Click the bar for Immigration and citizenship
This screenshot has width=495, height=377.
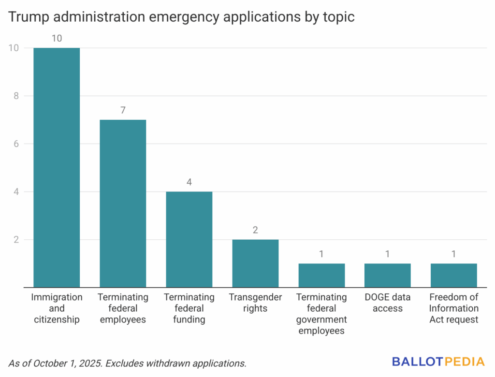click(x=57, y=167)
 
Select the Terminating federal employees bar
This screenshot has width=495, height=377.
click(x=123, y=203)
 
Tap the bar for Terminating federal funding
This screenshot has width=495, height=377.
click(x=189, y=239)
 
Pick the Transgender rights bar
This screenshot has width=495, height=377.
click(x=255, y=263)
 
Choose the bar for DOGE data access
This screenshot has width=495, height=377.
click(x=388, y=275)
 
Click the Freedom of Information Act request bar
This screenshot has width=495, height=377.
click(x=454, y=275)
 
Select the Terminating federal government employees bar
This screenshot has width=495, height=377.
click(x=321, y=275)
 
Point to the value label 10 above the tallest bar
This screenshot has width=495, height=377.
click(x=57, y=38)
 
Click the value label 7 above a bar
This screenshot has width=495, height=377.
click(x=123, y=110)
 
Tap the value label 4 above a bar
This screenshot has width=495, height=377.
click(x=189, y=182)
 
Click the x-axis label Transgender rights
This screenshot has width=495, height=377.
click(x=255, y=303)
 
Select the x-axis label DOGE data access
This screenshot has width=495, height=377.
click(x=388, y=303)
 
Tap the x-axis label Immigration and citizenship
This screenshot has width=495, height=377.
click(x=57, y=308)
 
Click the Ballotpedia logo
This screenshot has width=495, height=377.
click(x=438, y=361)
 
